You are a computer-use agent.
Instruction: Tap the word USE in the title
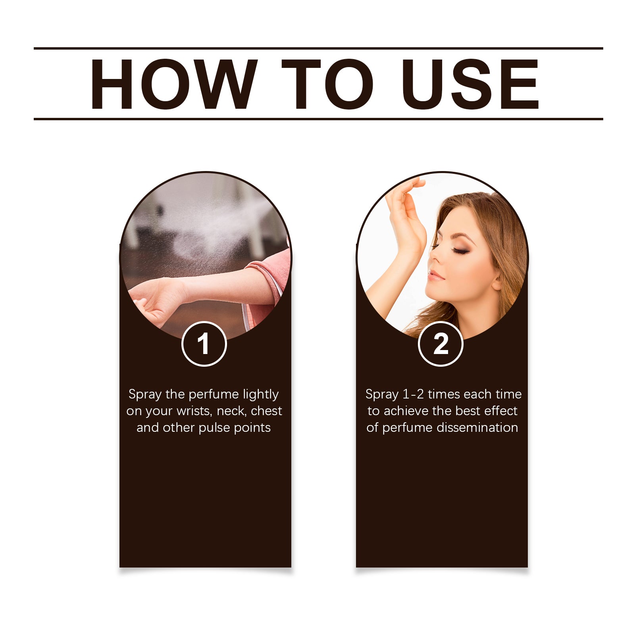[470, 84]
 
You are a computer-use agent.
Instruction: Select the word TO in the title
[328, 84]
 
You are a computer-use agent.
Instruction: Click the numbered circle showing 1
[204, 344]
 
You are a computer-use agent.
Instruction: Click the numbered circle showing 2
[441, 344]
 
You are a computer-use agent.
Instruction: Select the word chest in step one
[266, 411]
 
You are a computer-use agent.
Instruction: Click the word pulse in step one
[215, 428]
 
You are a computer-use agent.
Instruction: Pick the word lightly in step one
[261, 394]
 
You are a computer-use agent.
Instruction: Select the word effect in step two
[501, 411]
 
